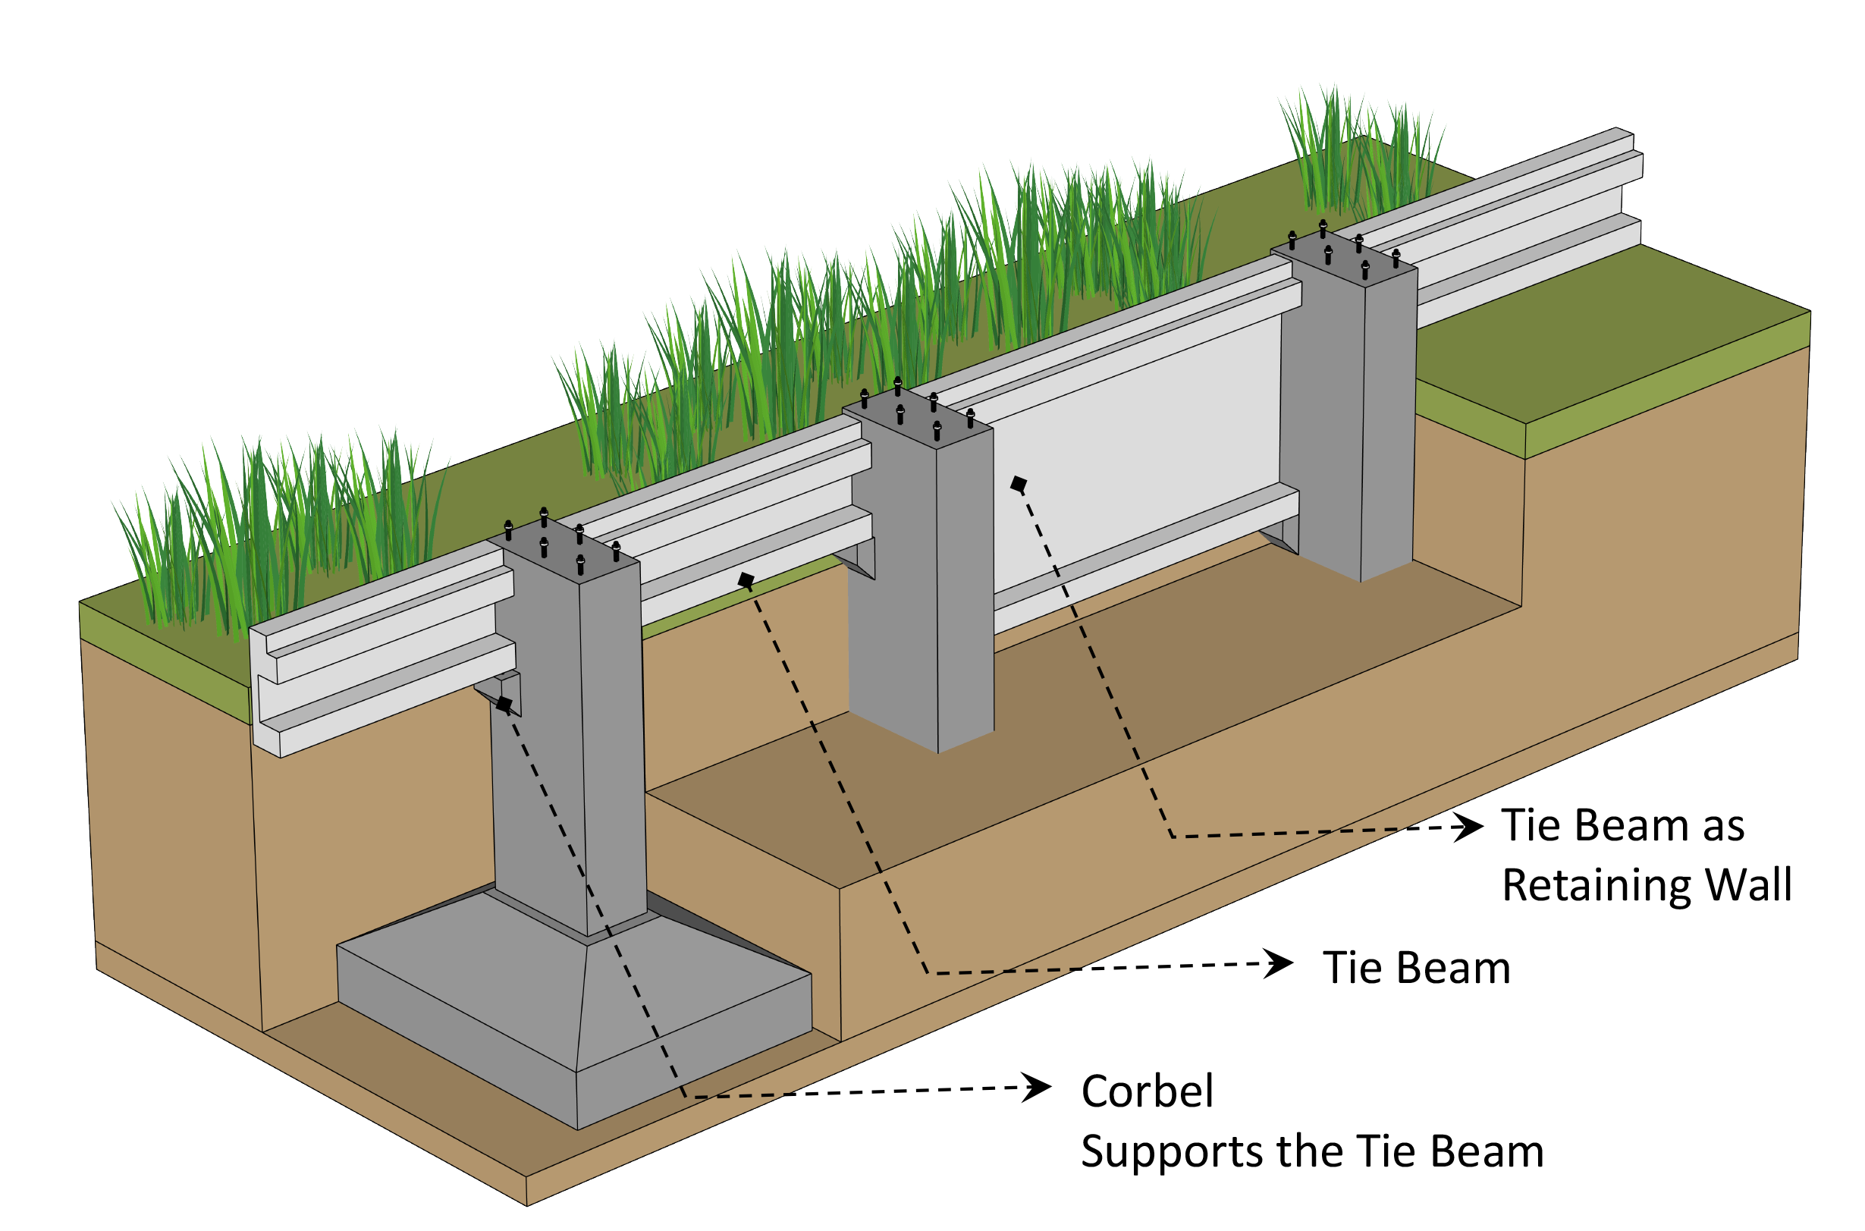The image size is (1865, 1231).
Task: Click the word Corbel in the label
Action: [x=1146, y=1092]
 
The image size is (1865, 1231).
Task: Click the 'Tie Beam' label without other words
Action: [x=1416, y=968]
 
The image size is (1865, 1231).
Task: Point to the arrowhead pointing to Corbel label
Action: [x=1038, y=1088]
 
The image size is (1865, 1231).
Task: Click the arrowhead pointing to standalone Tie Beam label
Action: [x=1279, y=963]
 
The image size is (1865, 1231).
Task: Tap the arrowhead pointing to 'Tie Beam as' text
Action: [x=1468, y=827]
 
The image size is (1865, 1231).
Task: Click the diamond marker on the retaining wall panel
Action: [x=1018, y=485]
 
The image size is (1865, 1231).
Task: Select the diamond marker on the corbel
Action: [x=504, y=704]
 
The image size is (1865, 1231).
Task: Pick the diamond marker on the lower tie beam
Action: [x=746, y=581]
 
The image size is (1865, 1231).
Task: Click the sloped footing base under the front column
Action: [x=573, y=1013]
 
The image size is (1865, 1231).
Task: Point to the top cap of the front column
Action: [x=564, y=548]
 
